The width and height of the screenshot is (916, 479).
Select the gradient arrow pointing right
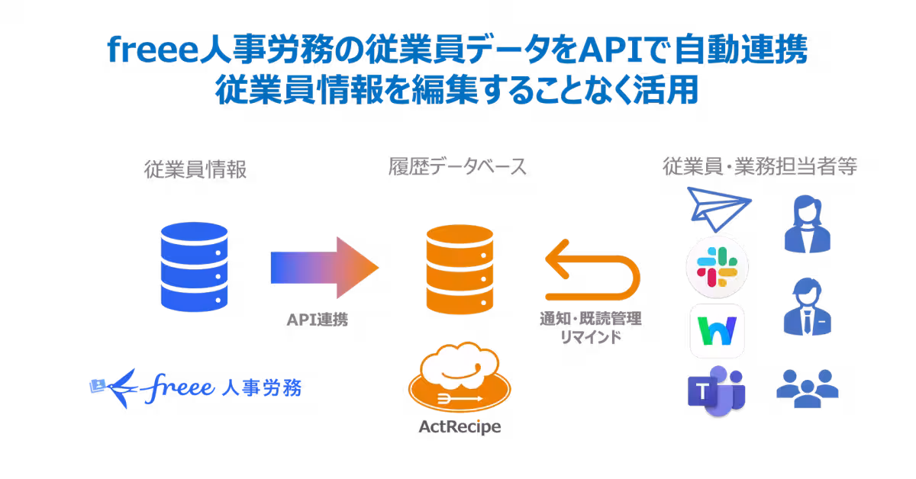click(324, 268)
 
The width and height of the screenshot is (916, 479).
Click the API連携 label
click(316, 320)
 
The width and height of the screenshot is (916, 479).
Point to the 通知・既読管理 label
click(590, 319)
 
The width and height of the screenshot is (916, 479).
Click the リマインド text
click(590, 337)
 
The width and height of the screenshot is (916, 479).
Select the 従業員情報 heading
click(195, 169)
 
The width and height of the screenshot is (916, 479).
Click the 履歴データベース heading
click(456, 168)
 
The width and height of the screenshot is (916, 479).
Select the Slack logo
click(717, 268)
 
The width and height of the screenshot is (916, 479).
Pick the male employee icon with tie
click(807, 305)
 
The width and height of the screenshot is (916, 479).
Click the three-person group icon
click(807, 385)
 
